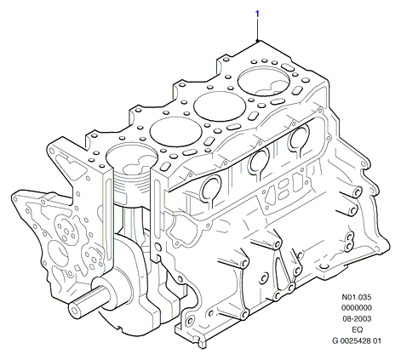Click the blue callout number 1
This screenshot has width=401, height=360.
coord(257,14)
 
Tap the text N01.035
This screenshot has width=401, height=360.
coord(357,297)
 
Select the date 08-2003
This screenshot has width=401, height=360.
coord(357,319)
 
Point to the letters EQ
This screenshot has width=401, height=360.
coord(357,329)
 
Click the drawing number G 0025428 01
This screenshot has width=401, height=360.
coord(357,340)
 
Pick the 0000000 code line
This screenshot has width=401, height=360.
coord(357,308)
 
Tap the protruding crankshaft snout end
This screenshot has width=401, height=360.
coord(74,309)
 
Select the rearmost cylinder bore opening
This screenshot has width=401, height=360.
coord(264,81)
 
